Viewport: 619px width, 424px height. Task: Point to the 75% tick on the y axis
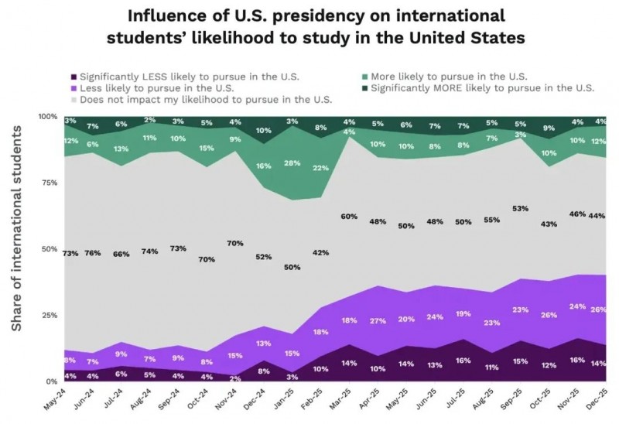[x=48, y=183]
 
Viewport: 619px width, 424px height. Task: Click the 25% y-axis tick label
[x=48, y=316]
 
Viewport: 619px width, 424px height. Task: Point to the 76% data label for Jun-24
[x=93, y=252]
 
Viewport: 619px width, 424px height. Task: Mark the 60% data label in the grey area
[x=349, y=217]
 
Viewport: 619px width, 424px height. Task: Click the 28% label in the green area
[x=292, y=163]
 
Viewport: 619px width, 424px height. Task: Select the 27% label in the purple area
[x=378, y=320]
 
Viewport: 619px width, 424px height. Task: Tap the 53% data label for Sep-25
[x=520, y=209]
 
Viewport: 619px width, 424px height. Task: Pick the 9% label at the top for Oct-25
[x=549, y=128]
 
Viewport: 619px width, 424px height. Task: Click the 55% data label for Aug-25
[x=492, y=221]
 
